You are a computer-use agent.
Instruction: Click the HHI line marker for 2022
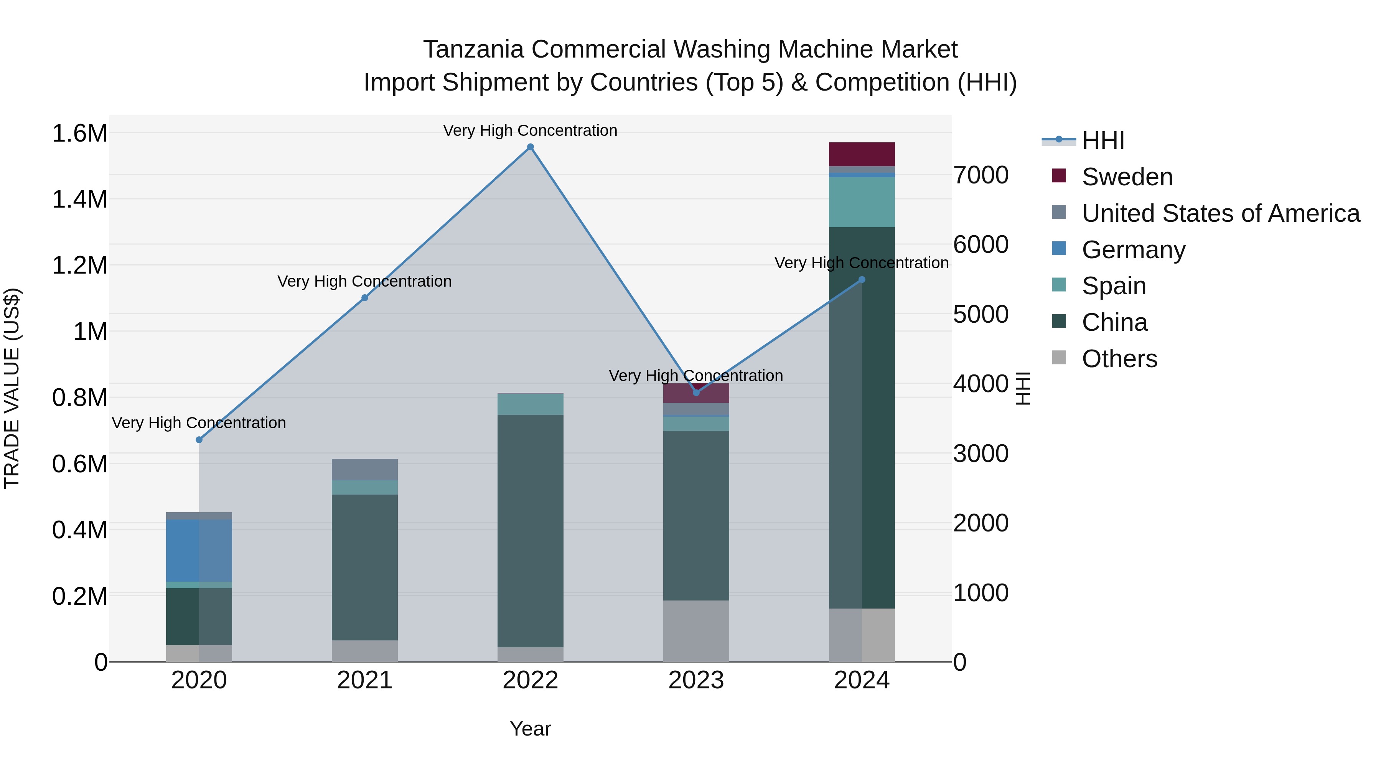pos(530,147)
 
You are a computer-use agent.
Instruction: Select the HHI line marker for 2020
pos(199,440)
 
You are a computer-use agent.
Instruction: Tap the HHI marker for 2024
pos(862,279)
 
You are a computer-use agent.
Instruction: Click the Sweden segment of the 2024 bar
pos(862,154)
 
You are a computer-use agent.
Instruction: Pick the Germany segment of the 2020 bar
pos(199,551)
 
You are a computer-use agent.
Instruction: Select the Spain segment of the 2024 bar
pos(862,202)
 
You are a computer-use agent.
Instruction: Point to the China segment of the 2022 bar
pos(530,531)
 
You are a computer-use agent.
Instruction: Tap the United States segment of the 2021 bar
pos(364,469)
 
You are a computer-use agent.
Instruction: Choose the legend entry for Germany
pos(1133,250)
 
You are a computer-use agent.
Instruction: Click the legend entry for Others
pos(1119,359)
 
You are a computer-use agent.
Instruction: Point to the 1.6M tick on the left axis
pos(79,133)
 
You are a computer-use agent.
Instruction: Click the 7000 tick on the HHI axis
pos(981,175)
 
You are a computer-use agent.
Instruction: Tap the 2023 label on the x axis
pos(696,680)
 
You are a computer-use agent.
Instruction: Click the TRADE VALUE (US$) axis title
pos(12,388)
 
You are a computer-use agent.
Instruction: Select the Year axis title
pos(530,729)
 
